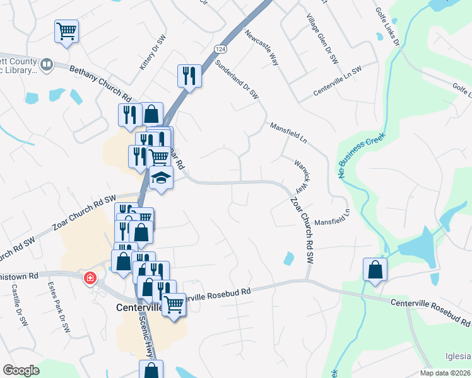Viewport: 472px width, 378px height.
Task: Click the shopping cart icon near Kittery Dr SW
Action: point(67,31)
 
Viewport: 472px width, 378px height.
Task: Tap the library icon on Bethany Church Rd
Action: point(46,64)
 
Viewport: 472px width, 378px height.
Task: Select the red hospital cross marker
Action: point(90,277)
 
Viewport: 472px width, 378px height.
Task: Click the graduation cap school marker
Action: point(161,178)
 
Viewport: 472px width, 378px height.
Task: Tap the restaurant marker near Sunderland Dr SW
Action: point(189,76)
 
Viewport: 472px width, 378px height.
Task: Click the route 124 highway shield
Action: point(220,49)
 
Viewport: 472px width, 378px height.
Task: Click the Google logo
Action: point(21,370)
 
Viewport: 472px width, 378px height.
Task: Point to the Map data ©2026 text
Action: point(444,373)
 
